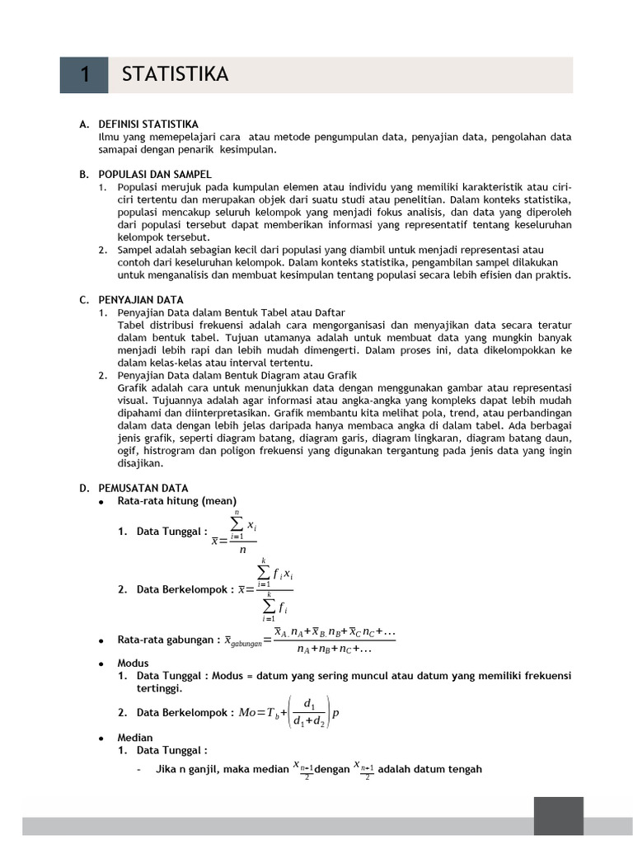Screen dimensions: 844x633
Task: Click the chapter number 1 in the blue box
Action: [84, 75]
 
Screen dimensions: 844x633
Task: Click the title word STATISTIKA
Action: [175, 75]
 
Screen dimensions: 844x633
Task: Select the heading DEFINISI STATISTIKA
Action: [148, 124]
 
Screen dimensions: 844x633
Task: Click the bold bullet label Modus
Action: [133, 663]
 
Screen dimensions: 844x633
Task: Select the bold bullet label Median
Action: [135, 738]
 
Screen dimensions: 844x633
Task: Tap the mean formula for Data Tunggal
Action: [234, 533]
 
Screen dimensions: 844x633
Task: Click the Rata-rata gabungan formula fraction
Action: [335, 640]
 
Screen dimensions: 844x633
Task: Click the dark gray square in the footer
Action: [558, 816]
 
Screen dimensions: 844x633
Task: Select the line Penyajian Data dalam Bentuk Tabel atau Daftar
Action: [231, 312]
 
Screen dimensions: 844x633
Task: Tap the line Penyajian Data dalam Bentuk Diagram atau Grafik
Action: [237, 375]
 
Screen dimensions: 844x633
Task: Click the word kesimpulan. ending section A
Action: [249, 150]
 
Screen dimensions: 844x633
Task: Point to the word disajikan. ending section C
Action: [141, 462]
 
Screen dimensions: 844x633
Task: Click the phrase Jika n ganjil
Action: [187, 770]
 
